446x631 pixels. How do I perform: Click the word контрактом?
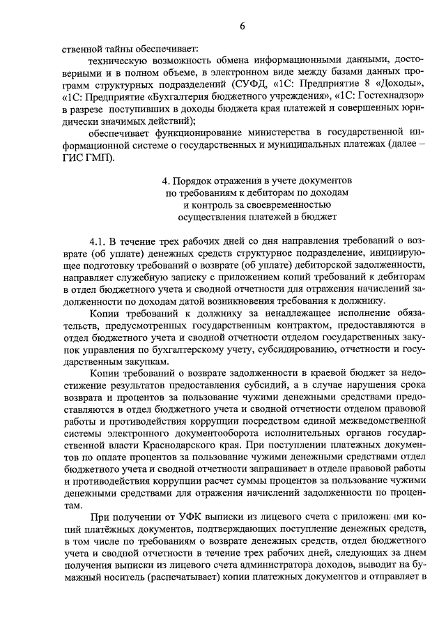[295, 326]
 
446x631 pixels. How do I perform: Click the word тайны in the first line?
[126, 50]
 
